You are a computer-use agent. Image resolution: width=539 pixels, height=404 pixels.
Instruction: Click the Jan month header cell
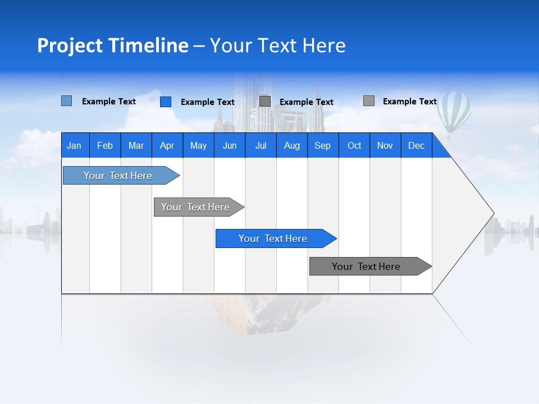coord(75,145)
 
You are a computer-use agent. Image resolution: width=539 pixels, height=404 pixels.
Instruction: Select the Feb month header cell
coord(105,145)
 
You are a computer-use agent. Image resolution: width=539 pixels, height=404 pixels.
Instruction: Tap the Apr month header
coord(167,145)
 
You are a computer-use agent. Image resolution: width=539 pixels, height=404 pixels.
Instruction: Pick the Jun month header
coord(230,145)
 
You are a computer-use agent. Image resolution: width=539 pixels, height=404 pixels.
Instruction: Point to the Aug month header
coord(292,145)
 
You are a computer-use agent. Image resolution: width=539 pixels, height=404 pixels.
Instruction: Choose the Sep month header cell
coord(323,145)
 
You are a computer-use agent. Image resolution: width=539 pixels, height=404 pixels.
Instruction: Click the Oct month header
coord(354,145)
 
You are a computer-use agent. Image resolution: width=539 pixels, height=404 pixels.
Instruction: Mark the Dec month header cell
coord(417,145)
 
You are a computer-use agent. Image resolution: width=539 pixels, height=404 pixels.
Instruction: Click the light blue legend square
coord(66,101)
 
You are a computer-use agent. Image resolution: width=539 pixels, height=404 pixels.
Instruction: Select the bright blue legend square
coord(166,102)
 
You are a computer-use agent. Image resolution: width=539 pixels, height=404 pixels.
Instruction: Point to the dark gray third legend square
coord(265,102)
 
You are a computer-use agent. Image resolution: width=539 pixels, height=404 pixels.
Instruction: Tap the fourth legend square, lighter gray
coord(369,101)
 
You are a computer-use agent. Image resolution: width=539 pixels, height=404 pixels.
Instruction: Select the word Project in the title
coord(70,45)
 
